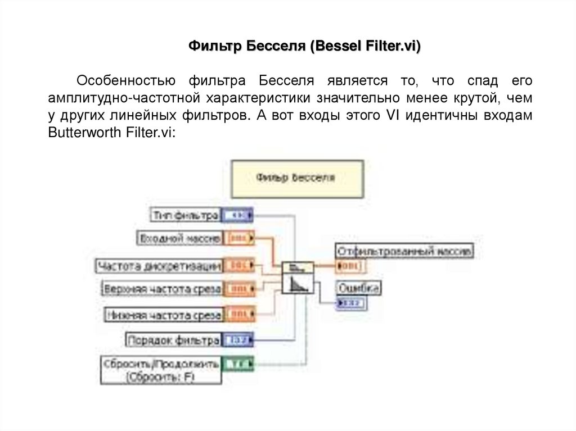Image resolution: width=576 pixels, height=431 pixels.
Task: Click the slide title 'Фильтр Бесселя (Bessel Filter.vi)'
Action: click(x=304, y=46)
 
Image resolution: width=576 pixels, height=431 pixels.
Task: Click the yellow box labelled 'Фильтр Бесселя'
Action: click(x=297, y=178)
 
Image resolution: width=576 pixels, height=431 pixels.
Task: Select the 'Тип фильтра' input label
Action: click(x=185, y=215)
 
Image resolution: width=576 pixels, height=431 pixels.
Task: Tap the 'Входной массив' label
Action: click(x=179, y=238)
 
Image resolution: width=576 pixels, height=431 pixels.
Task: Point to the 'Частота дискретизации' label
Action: click(x=159, y=265)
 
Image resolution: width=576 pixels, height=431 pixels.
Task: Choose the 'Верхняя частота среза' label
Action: click(x=162, y=289)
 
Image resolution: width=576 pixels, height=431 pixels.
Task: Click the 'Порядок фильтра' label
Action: click(x=173, y=340)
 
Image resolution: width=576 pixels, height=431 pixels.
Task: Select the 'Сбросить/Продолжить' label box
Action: click(x=161, y=370)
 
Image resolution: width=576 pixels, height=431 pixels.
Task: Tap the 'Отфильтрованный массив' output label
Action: click(x=404, y=251)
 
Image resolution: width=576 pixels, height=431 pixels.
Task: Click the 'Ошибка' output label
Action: click(x=359, y=288)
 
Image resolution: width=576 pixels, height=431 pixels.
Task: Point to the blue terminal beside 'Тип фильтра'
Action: click(x=237, y=215)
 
